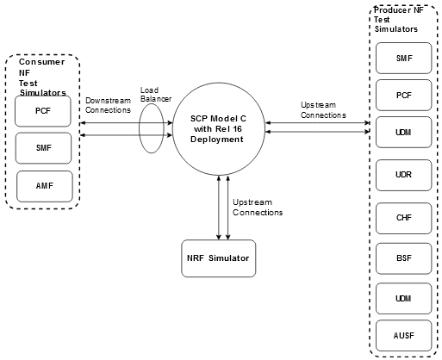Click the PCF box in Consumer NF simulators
(x=42, y=111)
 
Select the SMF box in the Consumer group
(x=42, y=148)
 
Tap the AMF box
(x=42, y=184)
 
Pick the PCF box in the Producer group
(x=403, y=95)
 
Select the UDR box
(x=403, y=173)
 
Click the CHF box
(x=403, y=217)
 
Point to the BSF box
(x=403, y=257)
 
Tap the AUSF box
(x=403, y=334)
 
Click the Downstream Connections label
(x=109, y=105)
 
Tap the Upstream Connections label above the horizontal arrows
(x=323, y=109)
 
